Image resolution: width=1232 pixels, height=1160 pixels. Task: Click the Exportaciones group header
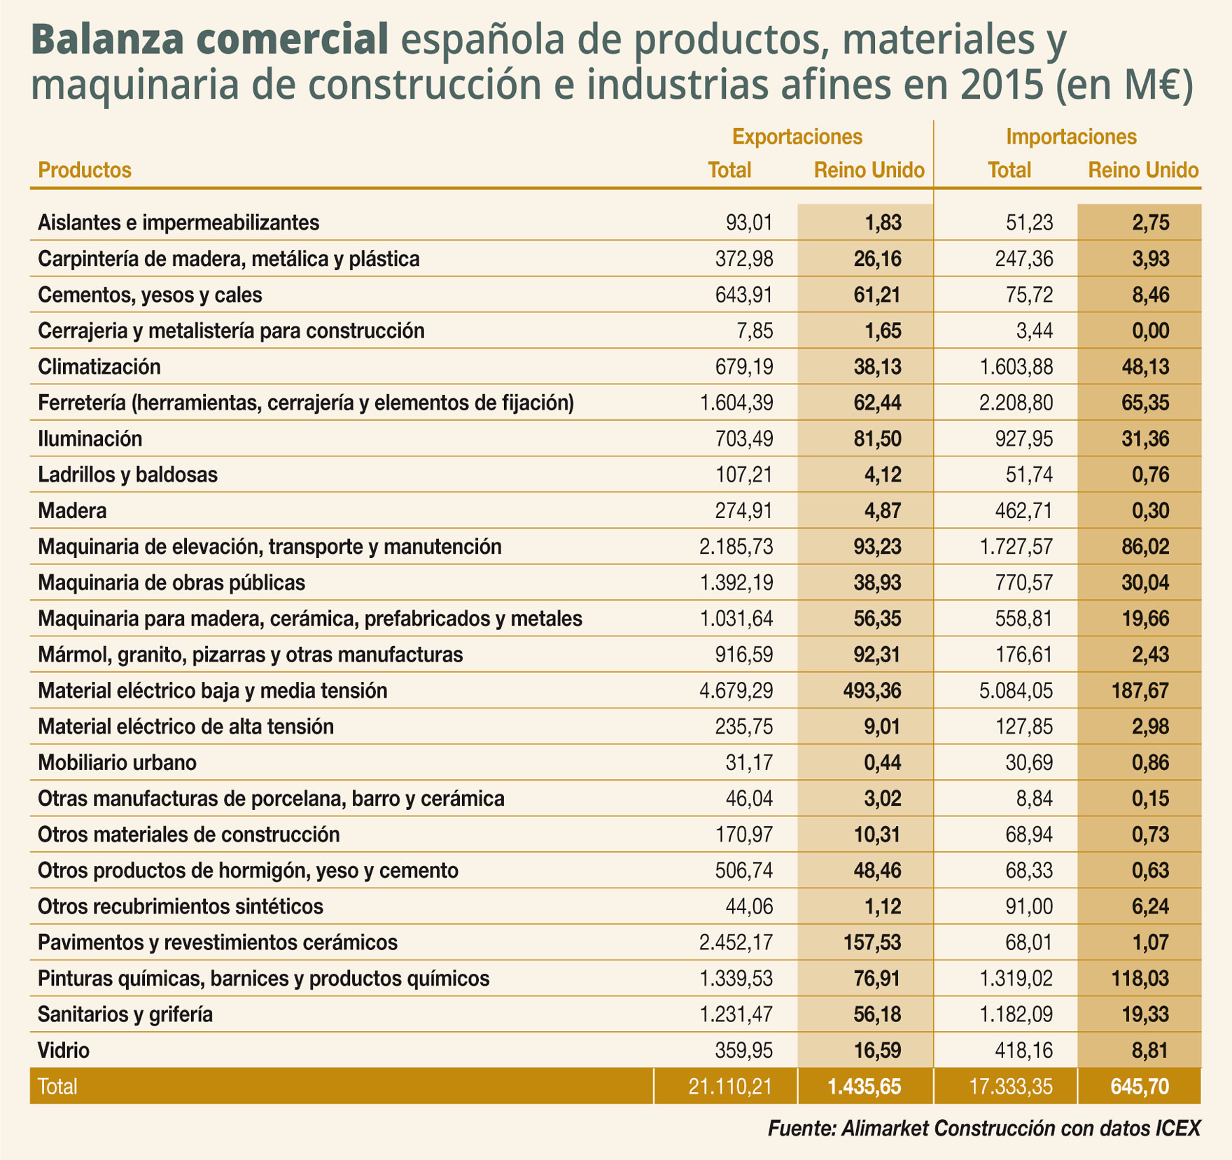coord(797,137)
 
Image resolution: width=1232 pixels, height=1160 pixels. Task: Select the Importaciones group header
coord(1071,137)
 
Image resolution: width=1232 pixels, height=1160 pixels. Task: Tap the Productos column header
coord(85,170)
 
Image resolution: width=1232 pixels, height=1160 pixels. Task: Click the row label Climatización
coord(99,367)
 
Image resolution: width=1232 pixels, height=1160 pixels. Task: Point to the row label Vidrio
coord(64,1050)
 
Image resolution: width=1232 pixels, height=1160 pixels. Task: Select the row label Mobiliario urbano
coord(117,762)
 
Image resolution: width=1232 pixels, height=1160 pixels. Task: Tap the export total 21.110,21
coord(730,1086)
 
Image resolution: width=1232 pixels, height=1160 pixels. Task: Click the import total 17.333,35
coord(1011,1086)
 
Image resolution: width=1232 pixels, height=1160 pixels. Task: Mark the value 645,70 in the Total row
coord(1140,1086)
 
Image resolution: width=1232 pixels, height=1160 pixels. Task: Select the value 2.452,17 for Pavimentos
coord(736,942)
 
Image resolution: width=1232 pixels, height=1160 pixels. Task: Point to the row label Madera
coord(72,511)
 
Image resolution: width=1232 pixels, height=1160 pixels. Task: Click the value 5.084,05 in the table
coord(1016,691)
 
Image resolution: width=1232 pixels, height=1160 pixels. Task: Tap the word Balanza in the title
coord(111,40)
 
